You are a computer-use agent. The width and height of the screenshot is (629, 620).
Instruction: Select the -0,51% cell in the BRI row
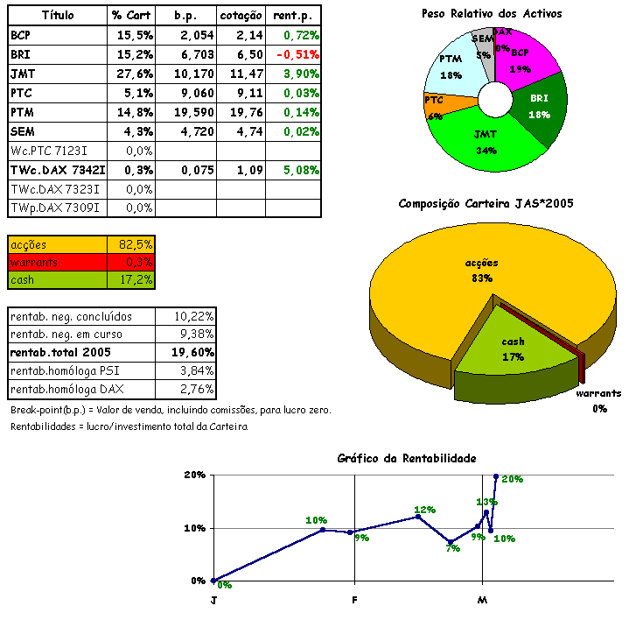pos(295,53)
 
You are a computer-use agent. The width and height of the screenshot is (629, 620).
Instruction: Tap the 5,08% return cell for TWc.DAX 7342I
pos(295,170)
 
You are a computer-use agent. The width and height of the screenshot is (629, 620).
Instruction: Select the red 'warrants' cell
pos(57,262)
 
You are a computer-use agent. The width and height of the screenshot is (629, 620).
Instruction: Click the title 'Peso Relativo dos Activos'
pos(492,13)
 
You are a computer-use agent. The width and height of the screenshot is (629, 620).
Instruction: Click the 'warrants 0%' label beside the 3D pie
pos(598,400)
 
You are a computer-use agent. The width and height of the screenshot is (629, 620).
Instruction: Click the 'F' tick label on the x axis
pos(354,601)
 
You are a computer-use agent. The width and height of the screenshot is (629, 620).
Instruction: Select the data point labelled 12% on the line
pos(418,517)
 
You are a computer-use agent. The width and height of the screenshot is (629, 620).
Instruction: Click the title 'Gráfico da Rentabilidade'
pos(407,458)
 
